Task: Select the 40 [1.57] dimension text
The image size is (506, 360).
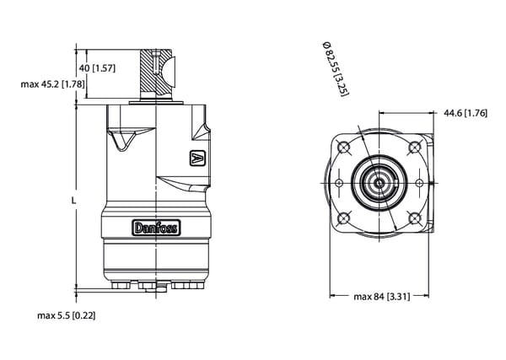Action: pyautogui.click(x=97, y=67)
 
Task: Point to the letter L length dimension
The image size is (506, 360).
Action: pyautogui.click(x=73, y=201)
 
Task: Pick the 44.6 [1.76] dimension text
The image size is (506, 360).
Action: pyautogui.click(x=465, y=113)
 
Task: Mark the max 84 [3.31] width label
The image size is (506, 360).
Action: pyautogui.click(x=381, y=297)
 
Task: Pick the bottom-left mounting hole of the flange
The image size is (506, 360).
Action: pyautogui.click(x=343, y=219)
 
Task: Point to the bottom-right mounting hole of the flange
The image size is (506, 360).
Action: pyautogui.click(x=413, y=219)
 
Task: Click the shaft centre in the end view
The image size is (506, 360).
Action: pyautogui.click(x=379, y=182)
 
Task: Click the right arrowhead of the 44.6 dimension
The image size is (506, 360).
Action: pyautogui.click(x=431, y=113)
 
